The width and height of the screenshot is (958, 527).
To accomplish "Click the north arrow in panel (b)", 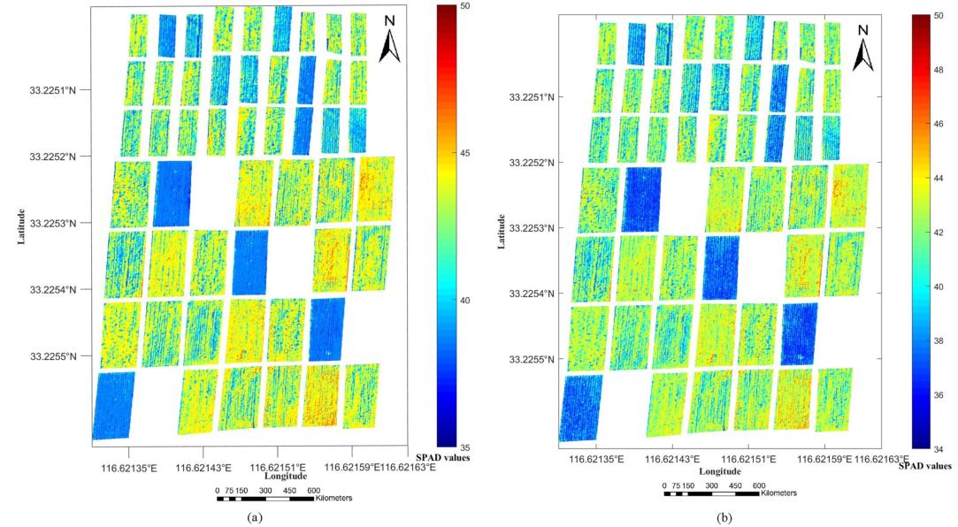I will point(864,49).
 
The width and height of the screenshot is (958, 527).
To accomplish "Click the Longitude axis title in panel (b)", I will point(721,471).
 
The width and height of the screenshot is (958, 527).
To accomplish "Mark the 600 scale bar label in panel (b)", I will point(759,485).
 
